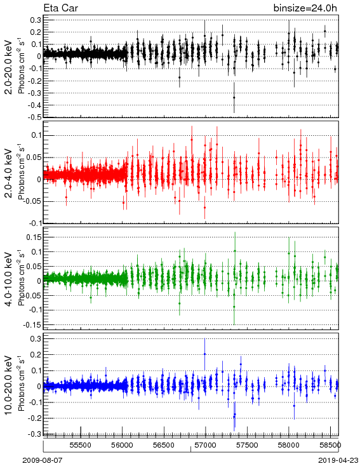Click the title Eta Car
(61, 8)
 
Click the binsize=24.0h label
(305, 8)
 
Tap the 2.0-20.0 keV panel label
(10, 67)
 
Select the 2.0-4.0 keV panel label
(10, 173)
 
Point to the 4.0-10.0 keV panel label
(10, 279)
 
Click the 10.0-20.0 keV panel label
(10, 385)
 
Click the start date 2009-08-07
(43, 460)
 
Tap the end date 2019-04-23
(338, 460)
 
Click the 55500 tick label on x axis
(81, 446)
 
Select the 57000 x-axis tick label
(206, 446)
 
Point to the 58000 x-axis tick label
(289, 446)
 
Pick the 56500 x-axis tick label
(164, 446)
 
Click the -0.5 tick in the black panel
(34, 117)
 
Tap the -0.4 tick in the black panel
(34, 105)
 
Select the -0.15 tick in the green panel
(32, 325)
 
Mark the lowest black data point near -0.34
(234, 98)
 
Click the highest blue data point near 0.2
(205, 354)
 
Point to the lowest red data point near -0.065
(205, 208)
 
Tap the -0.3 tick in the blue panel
(34, 434)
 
